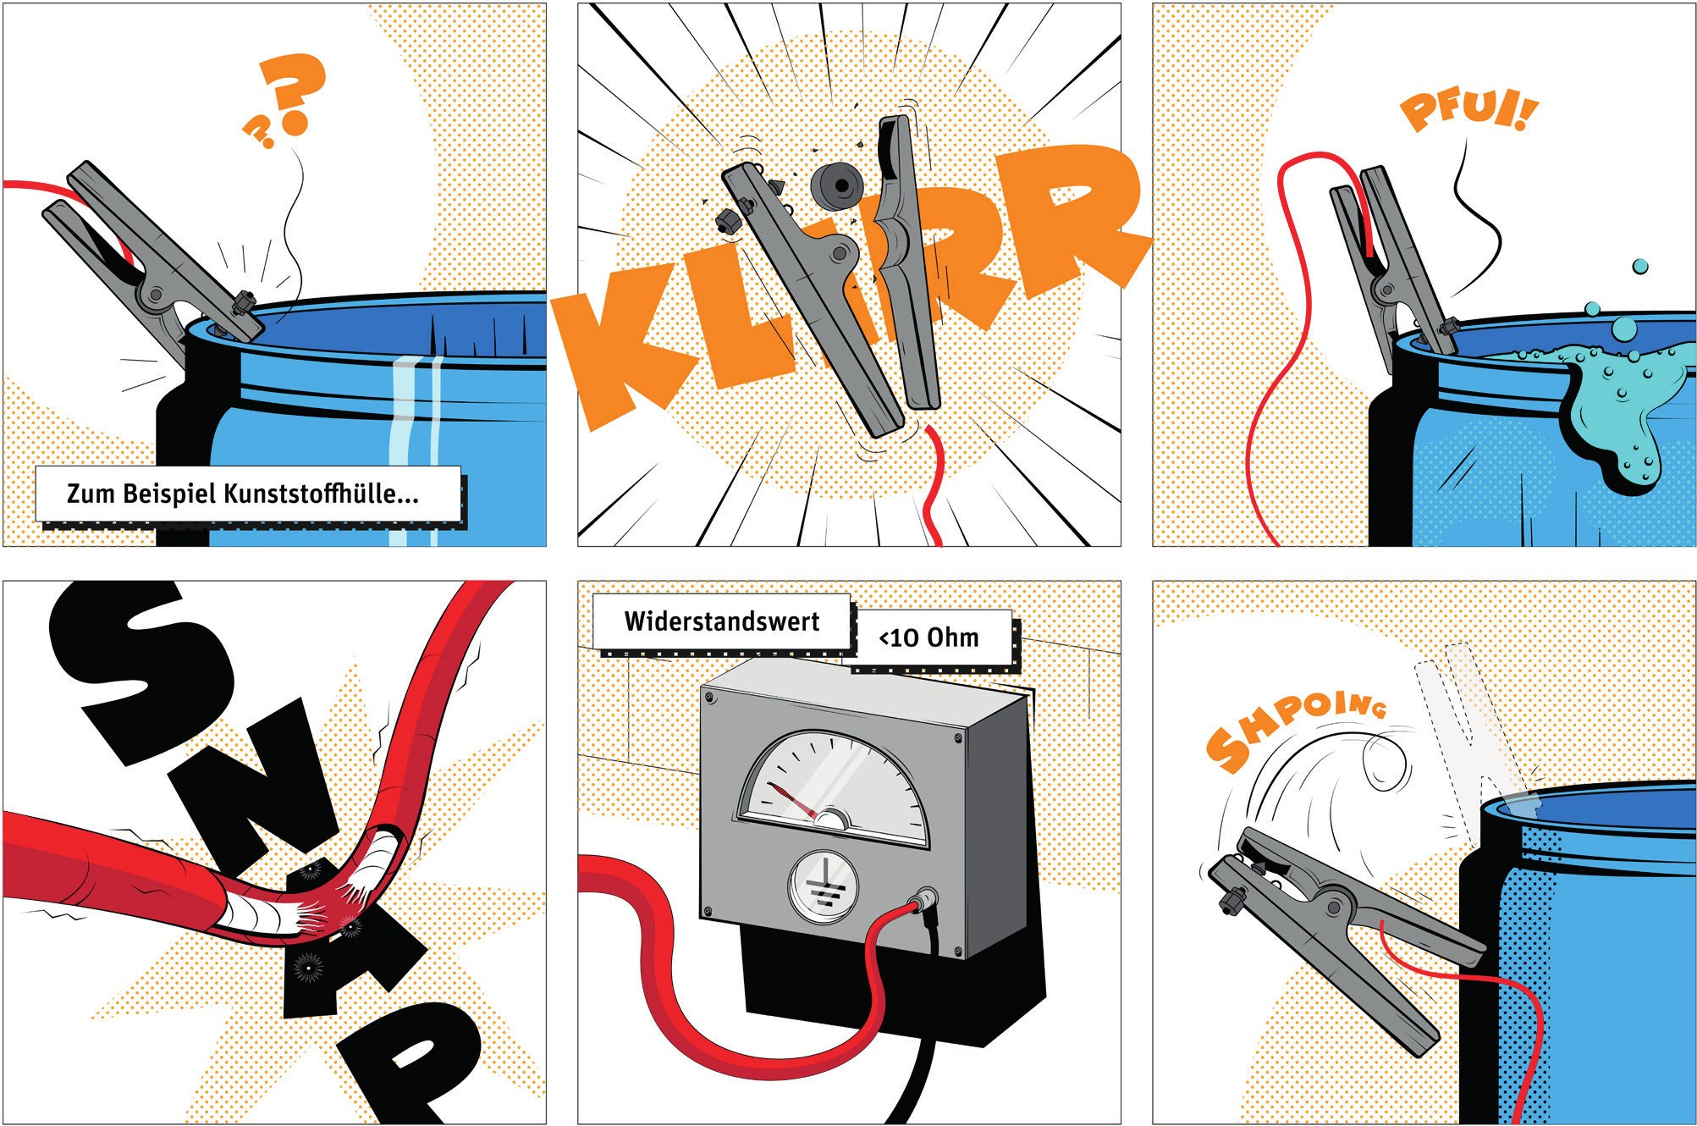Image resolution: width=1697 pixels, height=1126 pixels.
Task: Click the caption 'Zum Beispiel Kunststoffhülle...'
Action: [x=243, y=494]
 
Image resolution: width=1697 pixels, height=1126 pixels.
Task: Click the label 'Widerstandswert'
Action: [x=722, y=621]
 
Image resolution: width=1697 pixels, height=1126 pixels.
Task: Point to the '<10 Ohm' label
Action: [x=929, y=638]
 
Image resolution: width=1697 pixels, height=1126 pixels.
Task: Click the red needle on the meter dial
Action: [x=792, y=802]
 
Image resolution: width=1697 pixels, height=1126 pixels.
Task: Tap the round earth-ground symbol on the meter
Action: [x=823, y=886]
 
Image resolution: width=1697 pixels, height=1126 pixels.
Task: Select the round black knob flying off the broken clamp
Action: [x=837, y=185]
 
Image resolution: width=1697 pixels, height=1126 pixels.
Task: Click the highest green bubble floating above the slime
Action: [x=1640, y=267]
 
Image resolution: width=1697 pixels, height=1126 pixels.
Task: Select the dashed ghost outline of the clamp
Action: [x=1473, y=728]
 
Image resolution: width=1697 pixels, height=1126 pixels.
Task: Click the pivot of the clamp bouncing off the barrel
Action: [x=1335, y=908]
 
